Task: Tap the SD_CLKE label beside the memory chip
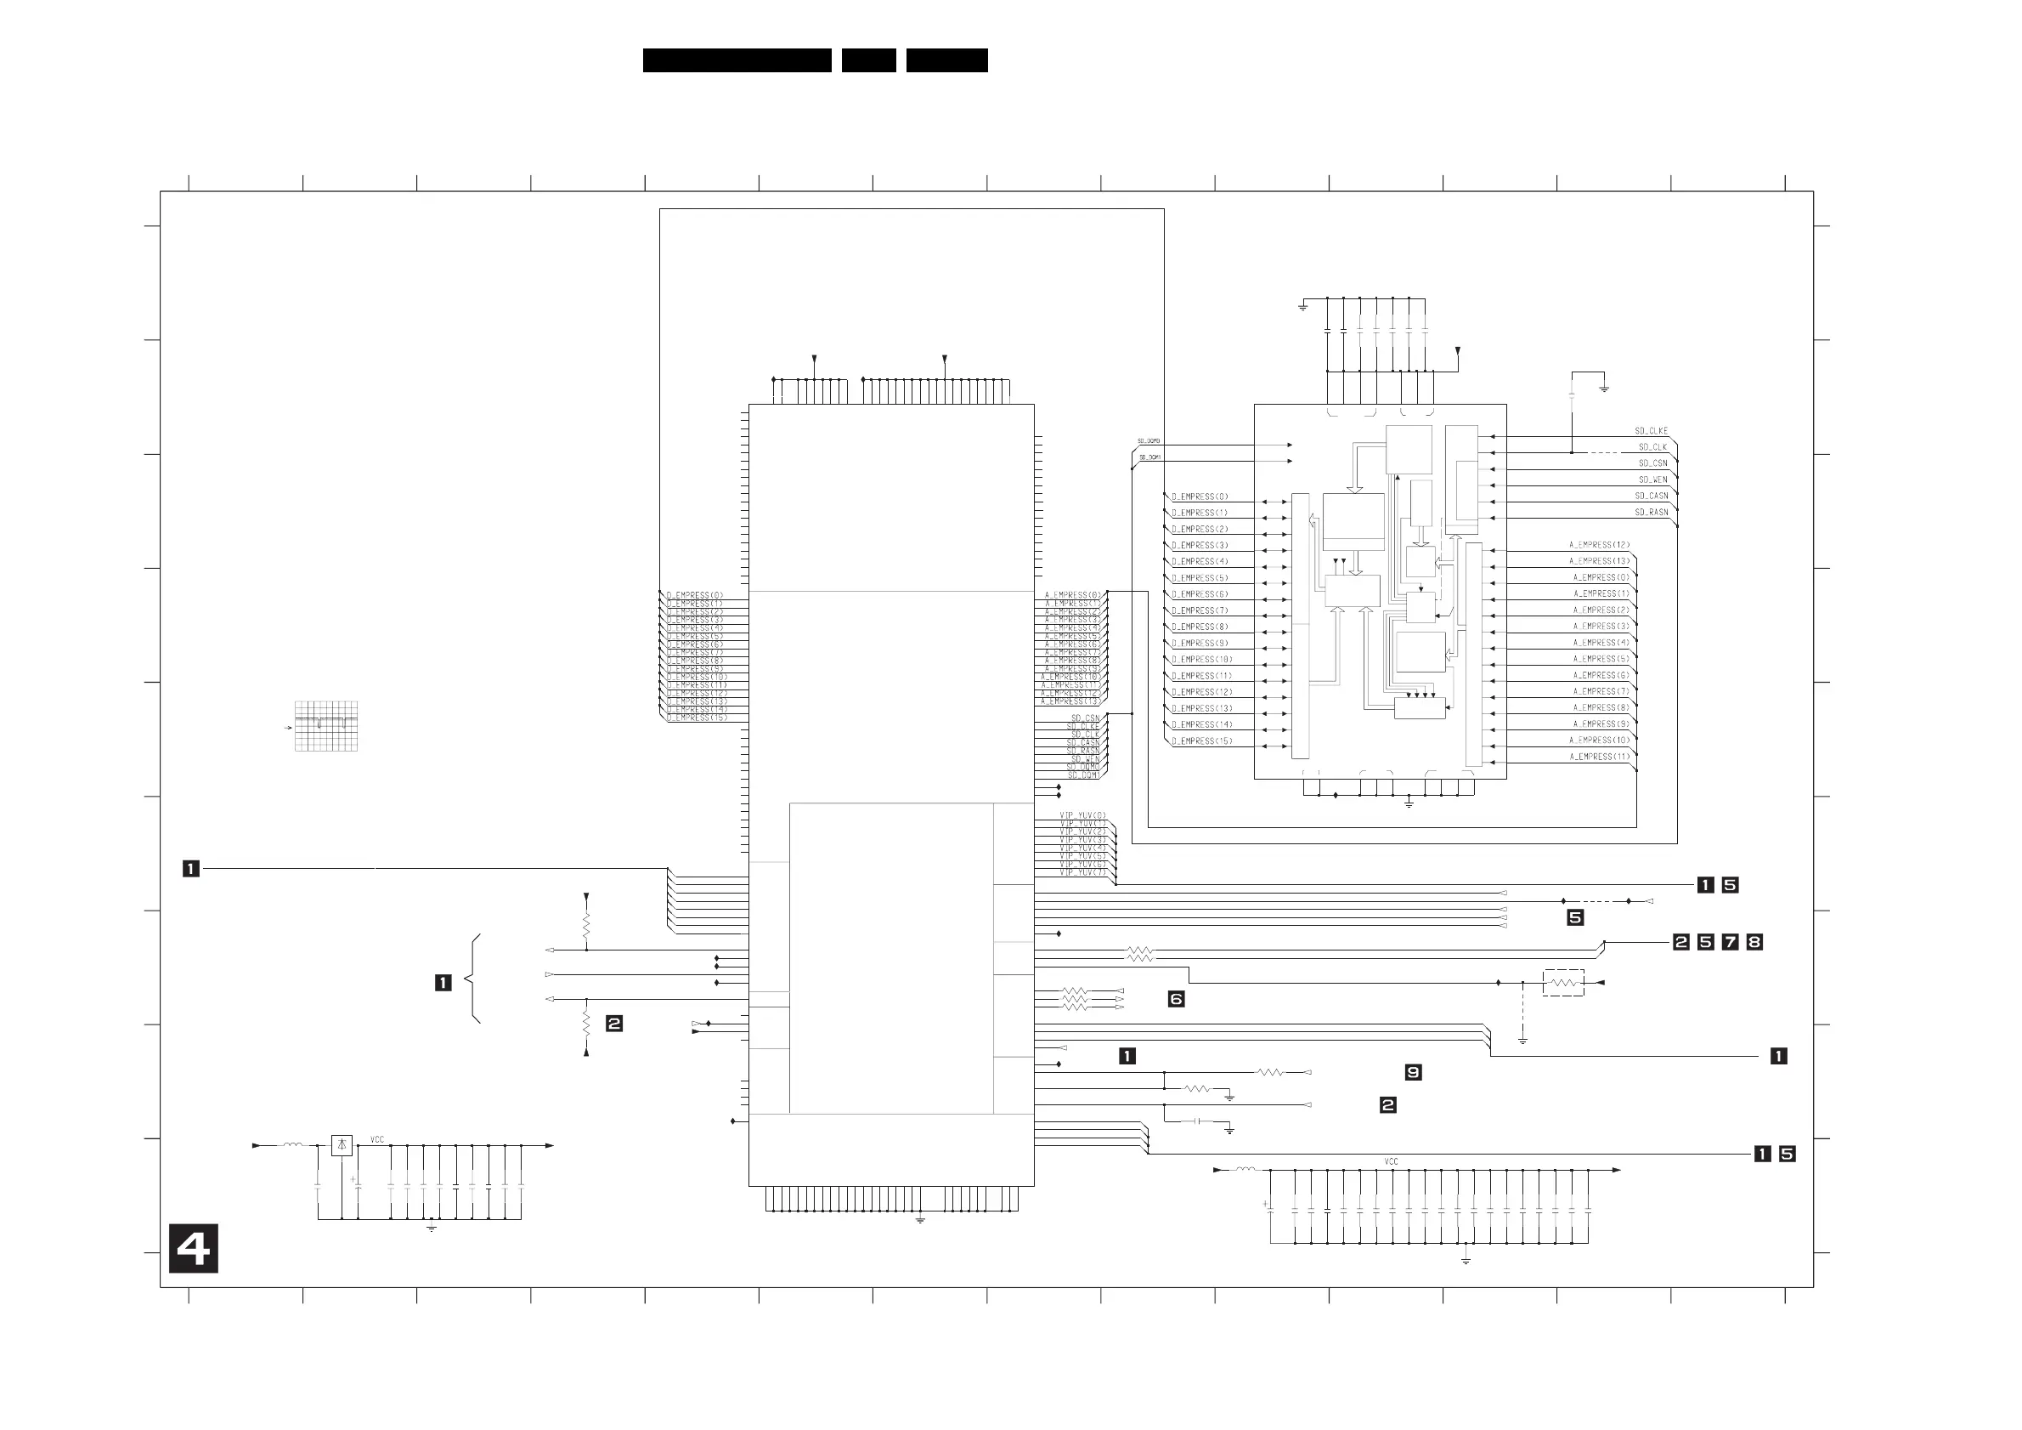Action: pos(1651,431)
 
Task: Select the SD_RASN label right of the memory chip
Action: pos(1652,512)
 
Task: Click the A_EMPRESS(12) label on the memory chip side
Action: pos(1598,544)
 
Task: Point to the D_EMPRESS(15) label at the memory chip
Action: pos(1201,741)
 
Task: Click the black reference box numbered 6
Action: pos(1176,998)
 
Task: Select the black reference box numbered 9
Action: pos(1413,1072)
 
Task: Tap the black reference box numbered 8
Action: pos(1754,942)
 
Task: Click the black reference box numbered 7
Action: pos(1730,942)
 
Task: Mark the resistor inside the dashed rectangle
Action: pos(1563,983)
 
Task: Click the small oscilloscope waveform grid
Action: pos(326,726)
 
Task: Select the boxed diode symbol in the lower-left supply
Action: pos(342,1145)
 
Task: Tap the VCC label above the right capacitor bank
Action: pos(1391,1161)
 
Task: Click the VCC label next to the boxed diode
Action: pos(377,1139)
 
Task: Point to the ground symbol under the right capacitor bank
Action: pos(1466,1261)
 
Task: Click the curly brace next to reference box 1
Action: pos(474,979)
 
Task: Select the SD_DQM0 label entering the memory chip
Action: pos(1149,440)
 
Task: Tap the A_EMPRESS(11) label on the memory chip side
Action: pos(1598,757)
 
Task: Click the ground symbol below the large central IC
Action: pos(920,1220)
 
